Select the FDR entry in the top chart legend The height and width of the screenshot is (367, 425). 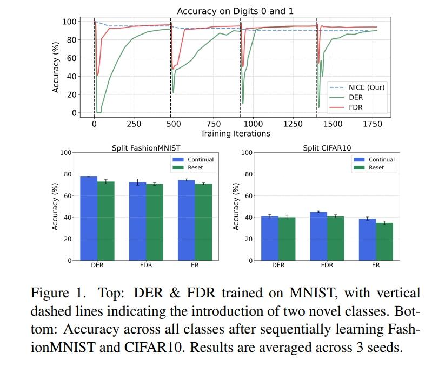point(356,107)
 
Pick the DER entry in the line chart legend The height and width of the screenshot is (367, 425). point(356,98)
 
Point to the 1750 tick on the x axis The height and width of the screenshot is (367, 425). point(372,124)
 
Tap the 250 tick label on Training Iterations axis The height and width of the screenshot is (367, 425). point(134,124)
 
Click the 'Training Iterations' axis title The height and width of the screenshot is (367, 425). point(235,133)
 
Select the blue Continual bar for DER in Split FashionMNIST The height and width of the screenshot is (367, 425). point(89,219)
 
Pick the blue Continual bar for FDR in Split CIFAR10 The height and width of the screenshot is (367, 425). point(318,236)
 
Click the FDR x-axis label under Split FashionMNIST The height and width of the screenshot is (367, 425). point(146,266)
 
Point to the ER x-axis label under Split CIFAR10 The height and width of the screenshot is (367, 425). point(375,266)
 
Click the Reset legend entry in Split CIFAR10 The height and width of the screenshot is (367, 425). point(376,168)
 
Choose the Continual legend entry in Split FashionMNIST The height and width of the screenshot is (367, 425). point(200,160)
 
